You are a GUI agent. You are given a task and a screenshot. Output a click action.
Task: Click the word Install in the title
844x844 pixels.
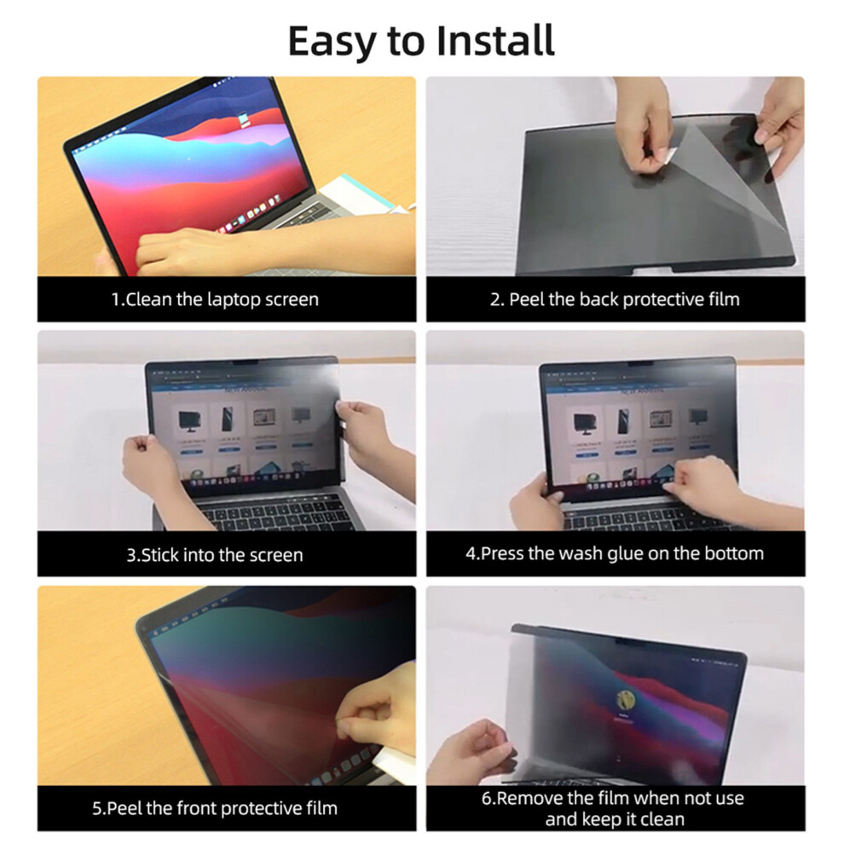coord(494,40)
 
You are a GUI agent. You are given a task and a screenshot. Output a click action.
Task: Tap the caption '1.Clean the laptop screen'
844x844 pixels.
coord(215,299)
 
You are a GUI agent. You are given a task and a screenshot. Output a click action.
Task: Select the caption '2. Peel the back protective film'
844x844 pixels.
coord(615,299)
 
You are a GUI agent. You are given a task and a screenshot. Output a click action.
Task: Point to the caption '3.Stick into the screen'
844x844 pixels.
coord(215,554)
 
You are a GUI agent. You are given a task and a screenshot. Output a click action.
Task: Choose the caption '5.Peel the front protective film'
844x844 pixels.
coord(215,808)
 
